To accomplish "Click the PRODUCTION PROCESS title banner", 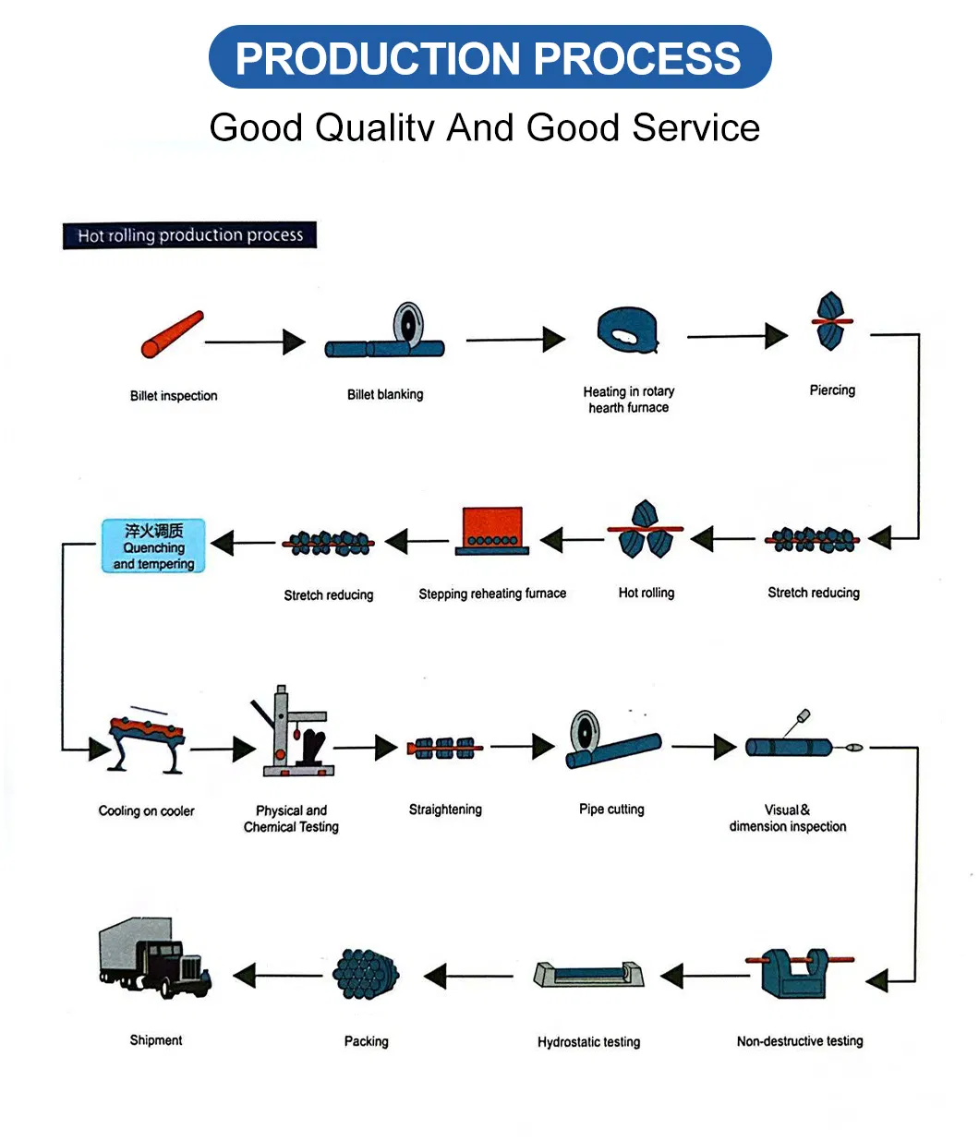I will [x=489, y=57].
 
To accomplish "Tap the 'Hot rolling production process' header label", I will [x=189, y=235].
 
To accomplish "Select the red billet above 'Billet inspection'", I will [x=172, y=334].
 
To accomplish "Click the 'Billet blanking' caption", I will [x=385, y=394].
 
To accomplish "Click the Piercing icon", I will [x=831, y=321].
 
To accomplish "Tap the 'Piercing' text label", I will [x=832, y=390].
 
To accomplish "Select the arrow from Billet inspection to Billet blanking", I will [x=255, y=342].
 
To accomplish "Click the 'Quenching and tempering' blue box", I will [x=153, y=546].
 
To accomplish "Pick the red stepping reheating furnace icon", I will [x=492, y=533].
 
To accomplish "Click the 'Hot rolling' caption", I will [x=647, y=593].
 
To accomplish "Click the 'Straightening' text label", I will [x=445, y=810].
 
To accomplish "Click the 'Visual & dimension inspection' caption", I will [x=788, y=818].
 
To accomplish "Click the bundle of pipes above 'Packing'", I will [x=367, y=974].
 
